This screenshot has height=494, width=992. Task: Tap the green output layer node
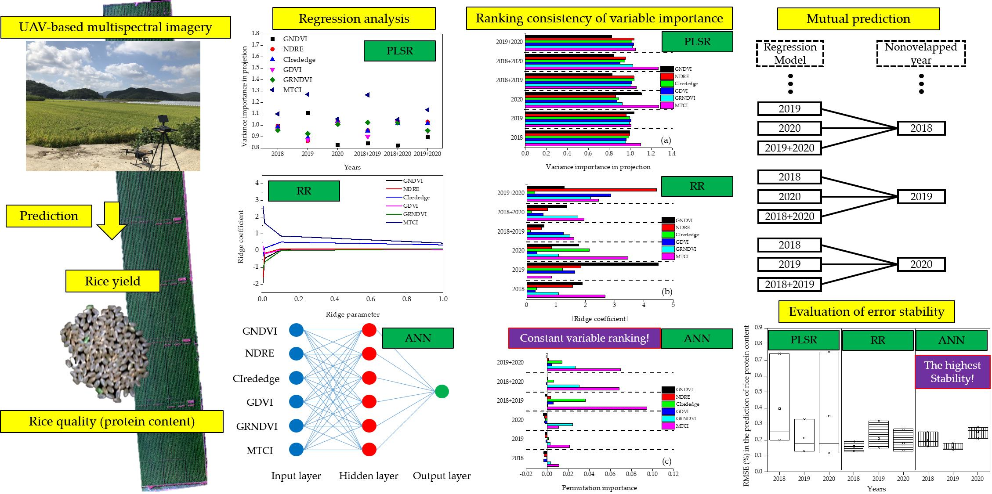pos(442,391)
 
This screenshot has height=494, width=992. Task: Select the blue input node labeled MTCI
pos(296,450)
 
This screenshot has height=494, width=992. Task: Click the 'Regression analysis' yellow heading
pos(354,18)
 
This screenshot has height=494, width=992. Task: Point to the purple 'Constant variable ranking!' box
pos(584,338)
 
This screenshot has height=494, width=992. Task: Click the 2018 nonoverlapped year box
pos(921,128)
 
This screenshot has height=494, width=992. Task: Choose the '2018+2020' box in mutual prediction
pos(789,216)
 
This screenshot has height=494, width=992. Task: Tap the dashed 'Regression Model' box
pos(789,53)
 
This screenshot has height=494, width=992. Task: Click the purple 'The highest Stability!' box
pos(952,371)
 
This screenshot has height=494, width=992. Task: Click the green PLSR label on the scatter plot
pos(399,51)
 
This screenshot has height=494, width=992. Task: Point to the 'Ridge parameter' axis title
pos(352,314)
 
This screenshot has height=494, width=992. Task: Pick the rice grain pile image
pos(99,351)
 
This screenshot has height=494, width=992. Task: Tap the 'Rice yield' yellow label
pos(112,281)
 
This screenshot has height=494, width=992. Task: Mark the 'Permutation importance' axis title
pos(599,487)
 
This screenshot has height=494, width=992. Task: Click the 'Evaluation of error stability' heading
pos(866,312)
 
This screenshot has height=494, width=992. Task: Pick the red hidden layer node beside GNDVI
pos(369,330)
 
